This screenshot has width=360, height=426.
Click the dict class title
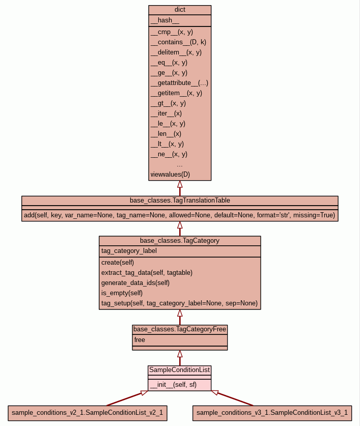(180, 10)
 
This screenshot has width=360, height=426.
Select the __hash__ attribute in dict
(165, 20)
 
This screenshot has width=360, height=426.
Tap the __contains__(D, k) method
(178, 42)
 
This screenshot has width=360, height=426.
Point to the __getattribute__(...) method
(179, 82)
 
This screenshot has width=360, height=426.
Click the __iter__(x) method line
(166, 113)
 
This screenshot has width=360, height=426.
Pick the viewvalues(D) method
(170, 174)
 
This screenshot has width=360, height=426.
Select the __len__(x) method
(166, 133)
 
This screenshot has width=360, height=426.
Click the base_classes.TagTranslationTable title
(180, 200)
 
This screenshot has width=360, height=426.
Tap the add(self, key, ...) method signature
(179, 215)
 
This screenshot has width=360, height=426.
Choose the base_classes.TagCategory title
(180, 240)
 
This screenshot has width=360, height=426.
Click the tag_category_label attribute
(129, 250)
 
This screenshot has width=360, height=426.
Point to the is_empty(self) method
(122, 293)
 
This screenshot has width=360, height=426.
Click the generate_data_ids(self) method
(135, 282)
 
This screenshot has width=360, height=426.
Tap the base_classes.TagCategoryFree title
(180, 329)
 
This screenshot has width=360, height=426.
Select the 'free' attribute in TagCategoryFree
(140, 339)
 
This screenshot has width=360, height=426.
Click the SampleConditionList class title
(180, 370)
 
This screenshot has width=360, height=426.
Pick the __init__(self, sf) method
(173, 385)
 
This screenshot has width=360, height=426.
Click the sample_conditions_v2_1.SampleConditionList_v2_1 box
(87, 413)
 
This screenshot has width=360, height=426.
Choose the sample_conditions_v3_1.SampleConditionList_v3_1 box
(272, 413)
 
